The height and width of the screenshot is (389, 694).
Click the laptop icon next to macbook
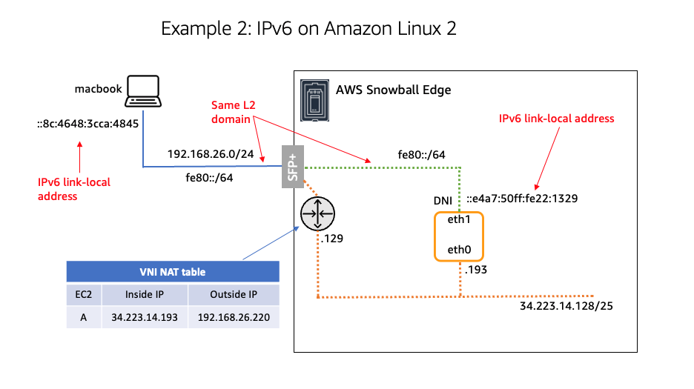pyautogui.click(x=143, y=90)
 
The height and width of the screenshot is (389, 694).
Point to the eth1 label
pyautogui.click(x=458, y=222)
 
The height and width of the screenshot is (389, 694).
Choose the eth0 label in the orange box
pyautogui.click(x=458, y=250)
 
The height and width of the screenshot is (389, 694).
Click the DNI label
pyautogui.click(x=443, y=201)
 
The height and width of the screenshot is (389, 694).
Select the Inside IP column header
pyautogui.click(x=145, y=294)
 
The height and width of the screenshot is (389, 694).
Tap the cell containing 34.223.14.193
pyautogui.click(x=145, y=317)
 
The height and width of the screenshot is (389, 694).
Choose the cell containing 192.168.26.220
pyautogui.click(x=234, y=317)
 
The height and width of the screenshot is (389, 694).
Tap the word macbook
pyautogui.click(x=98, y=89)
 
